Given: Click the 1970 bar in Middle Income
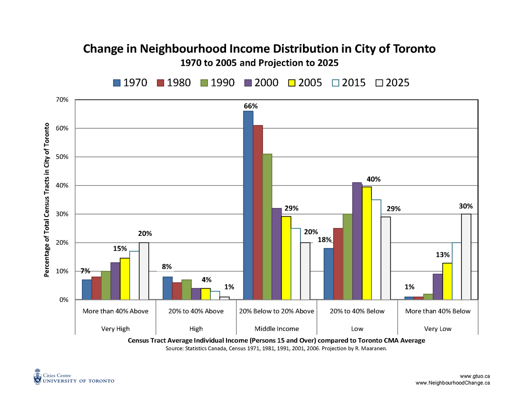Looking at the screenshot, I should (x=248, y=205).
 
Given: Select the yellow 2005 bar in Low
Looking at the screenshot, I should (x=367, y=243).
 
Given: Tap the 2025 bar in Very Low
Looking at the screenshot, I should (x=466, y=257).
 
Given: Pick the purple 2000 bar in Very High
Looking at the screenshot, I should (x=115, y=281).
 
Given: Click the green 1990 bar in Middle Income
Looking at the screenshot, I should (x=267, y=227).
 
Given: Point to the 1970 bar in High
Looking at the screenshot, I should (x=168, y=288).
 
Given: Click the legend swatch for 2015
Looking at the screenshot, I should (x=335, y=83).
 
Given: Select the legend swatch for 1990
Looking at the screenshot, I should (x=204, y=83).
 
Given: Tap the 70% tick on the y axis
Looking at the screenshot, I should (x=62, y=100).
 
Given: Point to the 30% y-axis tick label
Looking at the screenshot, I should (x=62, y=214).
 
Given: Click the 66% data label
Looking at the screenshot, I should (x=251, y=106).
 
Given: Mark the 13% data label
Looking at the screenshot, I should (x=442, y=255).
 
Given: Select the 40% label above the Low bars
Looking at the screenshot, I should (x=373, y=179).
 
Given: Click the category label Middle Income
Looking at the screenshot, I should (x=277, y=329).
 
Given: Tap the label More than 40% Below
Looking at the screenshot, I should (x=438, y=311).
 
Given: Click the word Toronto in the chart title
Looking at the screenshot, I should (x=414, y=49).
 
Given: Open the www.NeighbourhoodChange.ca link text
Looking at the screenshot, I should (x=453, y=383).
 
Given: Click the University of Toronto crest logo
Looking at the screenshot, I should (x=38, y=377).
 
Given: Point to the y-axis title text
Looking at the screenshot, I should (x=47, y=200).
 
